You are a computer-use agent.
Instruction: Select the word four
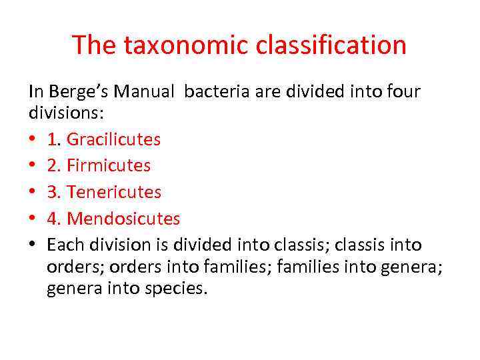[x=401, y=91]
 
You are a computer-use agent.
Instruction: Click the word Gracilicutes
[x=113, y=139]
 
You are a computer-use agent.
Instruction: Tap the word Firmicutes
[x=109, y=165]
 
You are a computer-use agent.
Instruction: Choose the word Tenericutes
[x=114, y=192]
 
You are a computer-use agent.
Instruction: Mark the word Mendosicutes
[x=123, y=219]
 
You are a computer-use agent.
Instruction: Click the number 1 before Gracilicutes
[x=53, y=139]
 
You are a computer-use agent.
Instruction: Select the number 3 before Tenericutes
[x=53, y=192]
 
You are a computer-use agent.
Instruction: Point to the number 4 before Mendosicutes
[x=53, y=219]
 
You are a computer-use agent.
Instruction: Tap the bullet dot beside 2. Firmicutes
[x=33, y=166]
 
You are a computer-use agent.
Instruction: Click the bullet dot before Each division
[x=33, y=245]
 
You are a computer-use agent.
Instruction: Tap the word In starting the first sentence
[x=35, y=91]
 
